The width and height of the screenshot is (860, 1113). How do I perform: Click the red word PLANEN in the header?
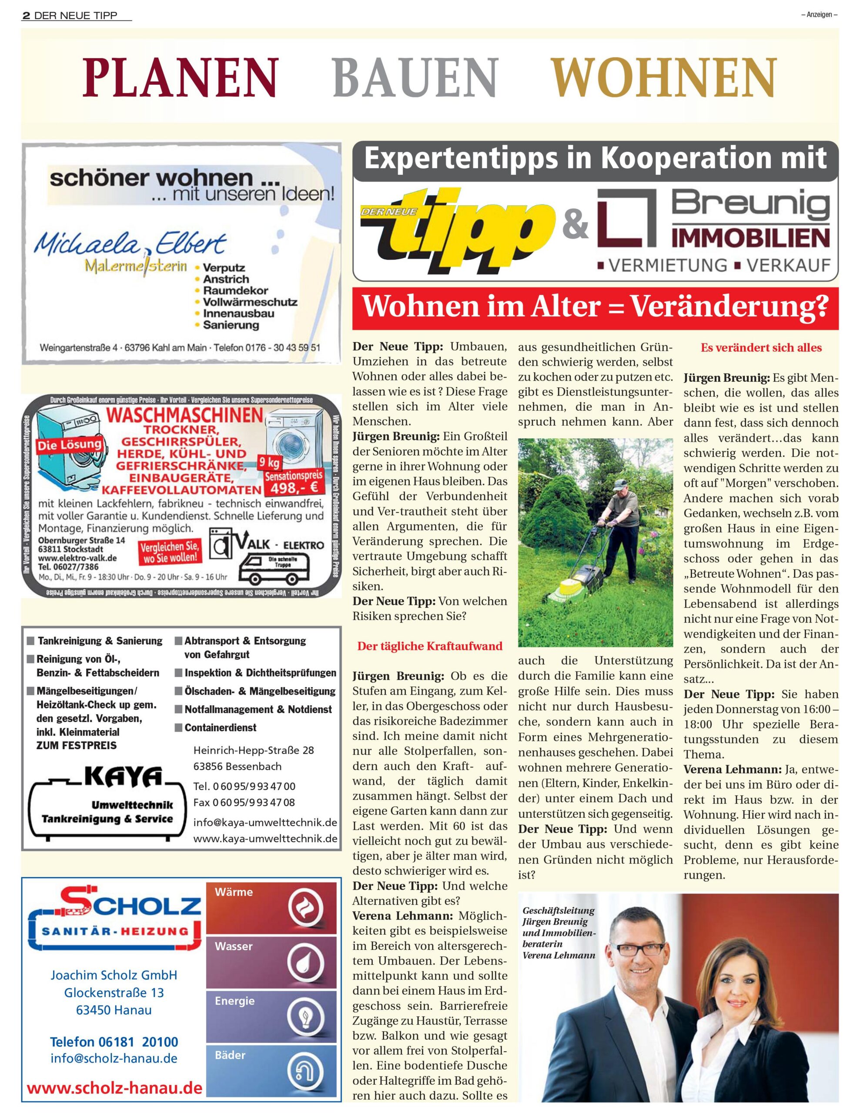click(x=181, y=77)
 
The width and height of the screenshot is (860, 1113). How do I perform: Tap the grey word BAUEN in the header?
click(x=415, y=77)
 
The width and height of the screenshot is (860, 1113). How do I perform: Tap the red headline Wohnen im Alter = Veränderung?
click(x=595, y=307)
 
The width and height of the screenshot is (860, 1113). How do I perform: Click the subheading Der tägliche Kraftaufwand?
click(x=430, y=646)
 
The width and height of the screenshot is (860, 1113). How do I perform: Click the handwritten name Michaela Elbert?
click(x=130, y=245)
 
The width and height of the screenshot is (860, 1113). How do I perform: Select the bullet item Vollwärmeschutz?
click(x=250, y=302)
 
